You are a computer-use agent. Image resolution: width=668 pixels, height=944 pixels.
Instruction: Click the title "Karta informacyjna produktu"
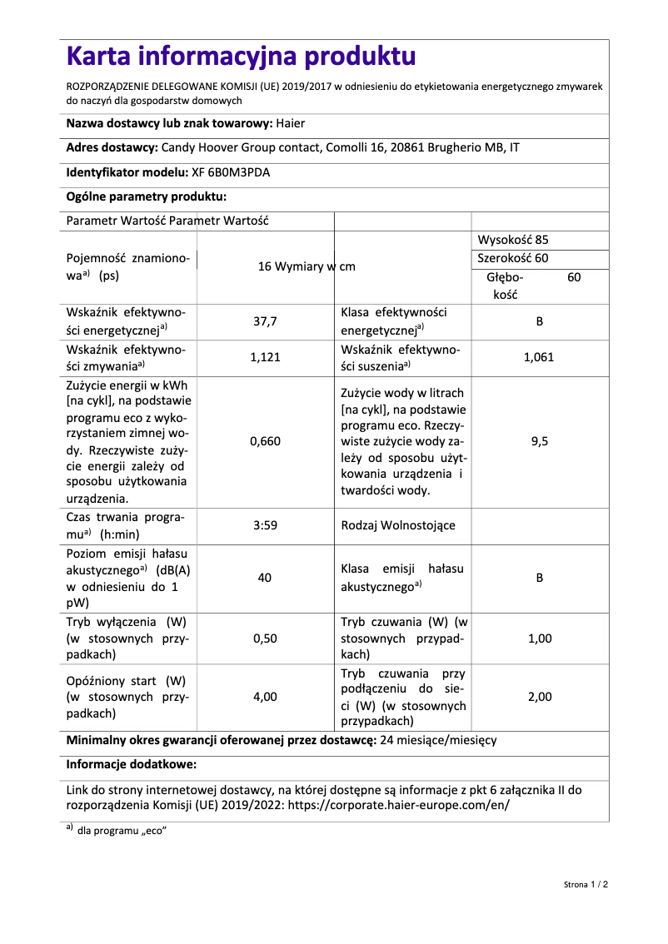pyautogui.click(x=241, y=57)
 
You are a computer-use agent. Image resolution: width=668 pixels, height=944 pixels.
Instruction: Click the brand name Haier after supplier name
pyautogui.click(x=291, y=124)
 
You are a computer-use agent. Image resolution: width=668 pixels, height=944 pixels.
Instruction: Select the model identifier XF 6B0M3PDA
pyautogui.click(x=231, y=173)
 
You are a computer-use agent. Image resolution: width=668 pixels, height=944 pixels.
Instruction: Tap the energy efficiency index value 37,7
pyautogui.click(x=265, y=321)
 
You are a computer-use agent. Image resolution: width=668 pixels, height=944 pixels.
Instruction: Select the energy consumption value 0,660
pyautogui.click(x=265, y=441)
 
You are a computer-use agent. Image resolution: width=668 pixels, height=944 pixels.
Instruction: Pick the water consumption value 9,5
pyautogui.click(x=539, y=441)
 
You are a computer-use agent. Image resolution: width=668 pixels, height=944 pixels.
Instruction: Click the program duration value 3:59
pyautogui.click(x=265, y=525)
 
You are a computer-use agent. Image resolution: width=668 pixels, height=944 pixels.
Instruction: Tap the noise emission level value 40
pyautogui.click(x=265, y=578)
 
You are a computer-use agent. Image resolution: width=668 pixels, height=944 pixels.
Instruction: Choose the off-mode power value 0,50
pyautogui.click(x=265, y=638)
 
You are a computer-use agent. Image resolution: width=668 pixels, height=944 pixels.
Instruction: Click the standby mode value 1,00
pyautogui.click(x=539, y=638)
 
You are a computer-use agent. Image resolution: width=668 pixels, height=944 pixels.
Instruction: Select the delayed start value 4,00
pyautogui.click(x=265, y=697)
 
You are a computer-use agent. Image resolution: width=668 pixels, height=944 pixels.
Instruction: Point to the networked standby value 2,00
pyautogui.click(x=539, y=697)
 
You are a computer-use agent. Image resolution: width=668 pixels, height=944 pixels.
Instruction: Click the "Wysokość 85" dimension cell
pyautogui.click(x=513, y=240)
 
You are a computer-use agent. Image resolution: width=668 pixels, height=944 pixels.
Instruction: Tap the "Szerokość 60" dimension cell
pyautogui.click(x=513, y=258)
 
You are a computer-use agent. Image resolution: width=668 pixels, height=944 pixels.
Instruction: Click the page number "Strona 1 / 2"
pyautogui.click(x=586, y=884)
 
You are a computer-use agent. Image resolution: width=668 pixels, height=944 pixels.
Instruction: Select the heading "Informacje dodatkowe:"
pyautogui.click(x=131, y=763)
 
